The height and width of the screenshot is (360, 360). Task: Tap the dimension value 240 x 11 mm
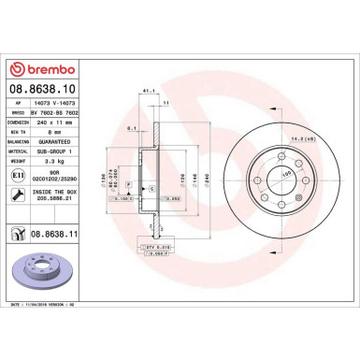(x=57, y=122)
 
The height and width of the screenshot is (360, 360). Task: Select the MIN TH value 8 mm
(x=45, y=131)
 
